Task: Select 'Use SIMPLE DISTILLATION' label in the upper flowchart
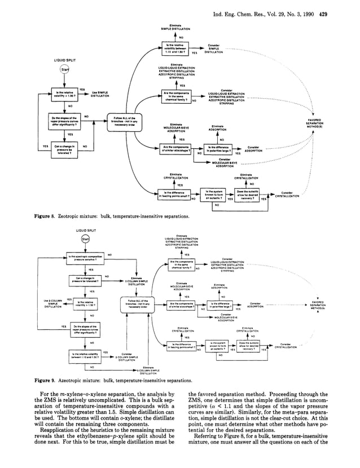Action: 100,94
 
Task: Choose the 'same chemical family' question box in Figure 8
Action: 173,97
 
